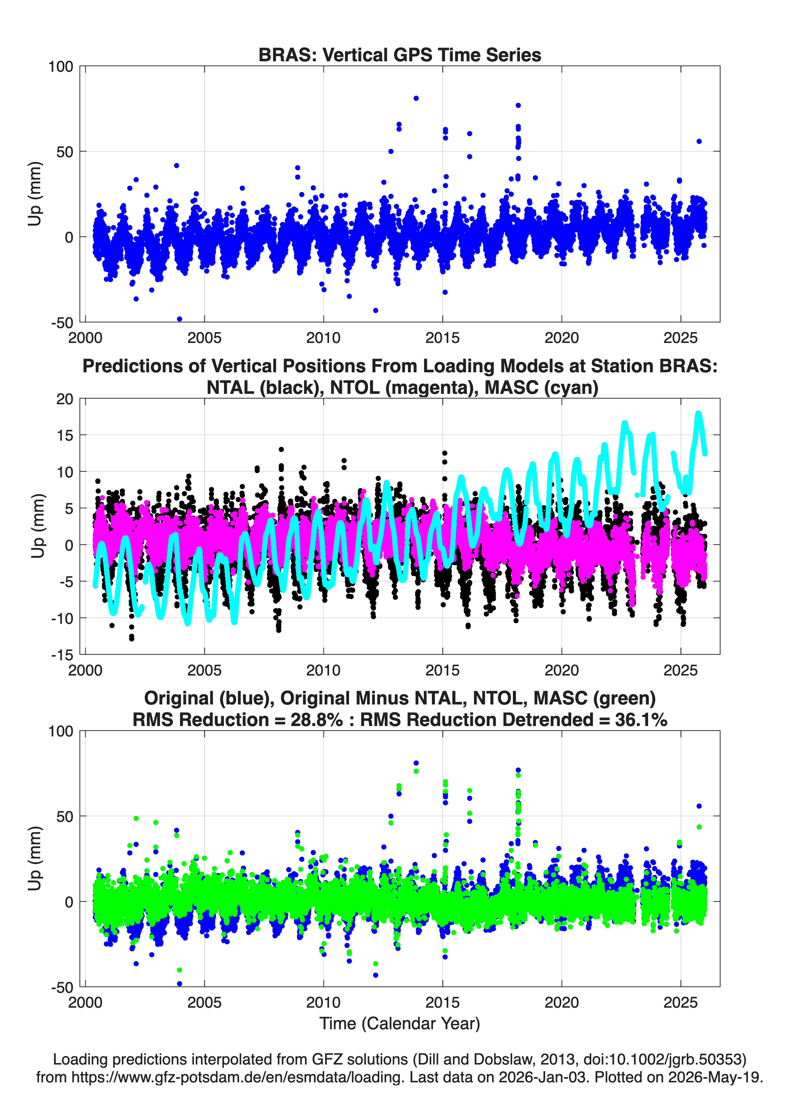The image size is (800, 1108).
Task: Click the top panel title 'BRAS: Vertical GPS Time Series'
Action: tap(400, 55)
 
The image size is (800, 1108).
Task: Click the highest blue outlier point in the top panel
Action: tap(416, 98)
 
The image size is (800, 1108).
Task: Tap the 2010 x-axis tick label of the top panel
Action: tap(323, 338)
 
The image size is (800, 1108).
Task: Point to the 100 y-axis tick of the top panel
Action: tap(61, 67)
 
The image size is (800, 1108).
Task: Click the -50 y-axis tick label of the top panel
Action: tap(62, 323)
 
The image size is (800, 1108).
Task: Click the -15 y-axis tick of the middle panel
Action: tap(62, 655)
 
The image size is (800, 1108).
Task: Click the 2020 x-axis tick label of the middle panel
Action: tap(562, 670)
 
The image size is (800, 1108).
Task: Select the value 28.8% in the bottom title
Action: tap(316, 720)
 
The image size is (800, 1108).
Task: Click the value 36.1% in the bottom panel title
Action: tap(641, 720)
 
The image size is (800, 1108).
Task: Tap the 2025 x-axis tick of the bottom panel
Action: tap(680, 1002)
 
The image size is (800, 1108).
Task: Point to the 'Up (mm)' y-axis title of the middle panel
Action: tap(38, 526)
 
